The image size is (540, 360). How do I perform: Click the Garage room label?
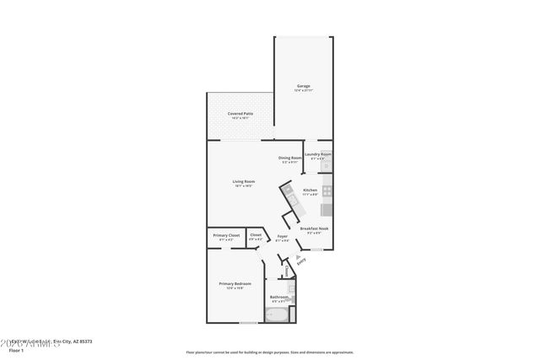click(303, 85)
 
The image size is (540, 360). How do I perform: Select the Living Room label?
click(244, 181)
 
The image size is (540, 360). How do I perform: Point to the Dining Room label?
click(290, 158)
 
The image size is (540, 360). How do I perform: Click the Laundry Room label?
click(318, 154)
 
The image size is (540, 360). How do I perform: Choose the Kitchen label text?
click(310, 191)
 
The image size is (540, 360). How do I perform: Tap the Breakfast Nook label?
click(314, 228)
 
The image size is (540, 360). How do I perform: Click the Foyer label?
click(283, 236)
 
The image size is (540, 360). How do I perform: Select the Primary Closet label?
click(226, 235)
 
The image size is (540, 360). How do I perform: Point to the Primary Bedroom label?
click(235, 283)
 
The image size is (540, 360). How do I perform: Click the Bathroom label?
click(279, 297)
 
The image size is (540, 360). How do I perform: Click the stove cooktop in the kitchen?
click(327, 191)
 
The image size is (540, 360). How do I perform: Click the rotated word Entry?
click(301, 261)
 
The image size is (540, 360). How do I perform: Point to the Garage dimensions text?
click(303, 90)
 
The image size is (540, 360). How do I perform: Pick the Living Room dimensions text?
click(244, 186)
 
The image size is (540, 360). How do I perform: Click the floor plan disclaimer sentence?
click(270, 352)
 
